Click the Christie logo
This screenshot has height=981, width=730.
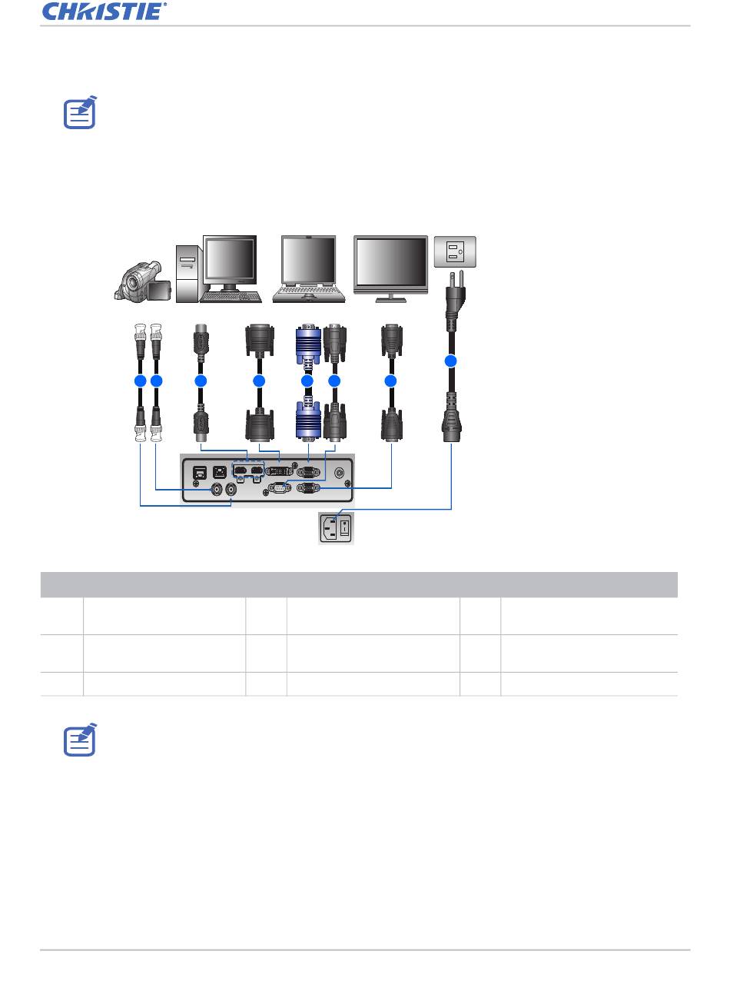click(105, 12)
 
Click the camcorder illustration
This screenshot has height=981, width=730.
click(142, 281)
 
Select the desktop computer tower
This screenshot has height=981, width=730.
click(187, 274)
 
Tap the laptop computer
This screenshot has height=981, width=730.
click(309, 269)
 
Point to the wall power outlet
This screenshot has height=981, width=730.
click(455, 251)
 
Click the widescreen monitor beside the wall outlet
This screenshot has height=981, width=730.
click(391, 269)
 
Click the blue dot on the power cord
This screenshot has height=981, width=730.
click(450, 361)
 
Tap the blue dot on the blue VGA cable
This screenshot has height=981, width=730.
click(307, 381)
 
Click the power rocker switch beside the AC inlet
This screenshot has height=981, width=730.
click(345, 527)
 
